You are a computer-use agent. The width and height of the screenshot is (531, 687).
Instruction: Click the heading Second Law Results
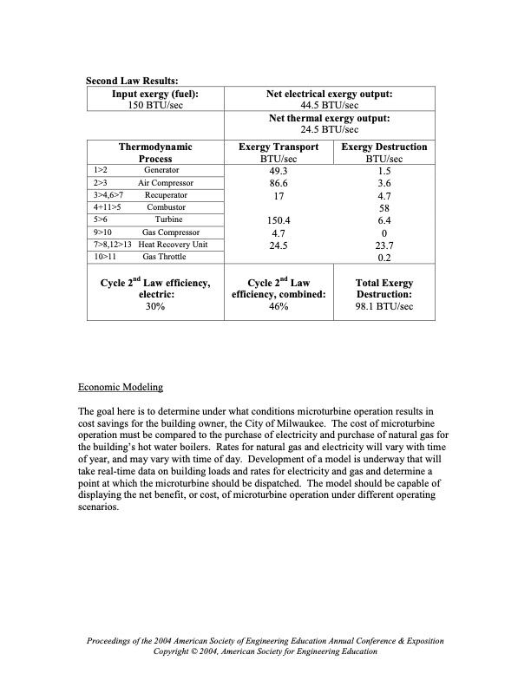pyautogui.click(x=131, y=82)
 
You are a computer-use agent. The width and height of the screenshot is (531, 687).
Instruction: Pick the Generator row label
pyautogui.click(x=161, y=171)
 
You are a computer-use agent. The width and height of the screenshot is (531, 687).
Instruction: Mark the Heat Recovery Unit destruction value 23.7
pyautogui.click(x=383, y=245)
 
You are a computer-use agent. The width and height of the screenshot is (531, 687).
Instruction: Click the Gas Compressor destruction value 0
pyautogui.click(x=383, y=232)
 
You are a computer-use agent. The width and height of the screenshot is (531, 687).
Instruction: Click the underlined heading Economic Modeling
pyautogui.click(x=120, y=385)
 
